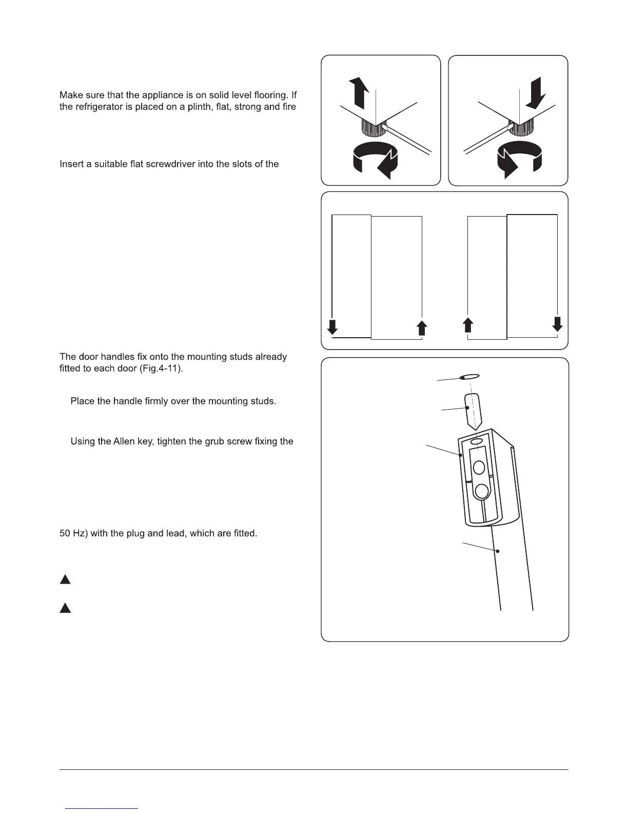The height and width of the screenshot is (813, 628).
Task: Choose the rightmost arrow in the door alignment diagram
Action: pyautogui.click(x=558, y=324)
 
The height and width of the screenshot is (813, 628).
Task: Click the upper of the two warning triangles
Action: pyautogui.click(x=65, y=580)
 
